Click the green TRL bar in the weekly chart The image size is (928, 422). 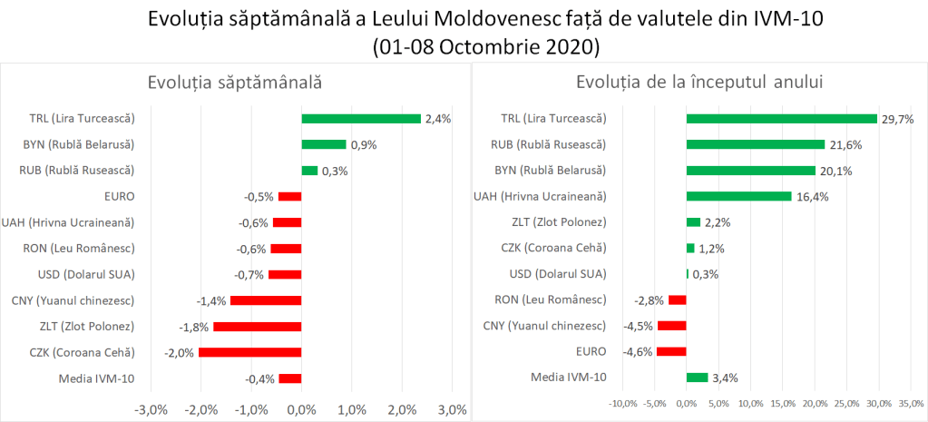(x=361, y=118)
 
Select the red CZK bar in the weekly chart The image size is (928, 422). (x=249, y=353)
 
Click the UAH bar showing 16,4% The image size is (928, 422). (x=739, y=196)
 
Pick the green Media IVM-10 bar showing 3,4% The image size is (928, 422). (x=697, y=378)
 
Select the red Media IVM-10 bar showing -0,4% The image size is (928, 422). (x=290, y=378)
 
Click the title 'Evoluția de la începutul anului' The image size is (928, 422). (x=698, y=83)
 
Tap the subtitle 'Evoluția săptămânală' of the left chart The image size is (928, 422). (x=235, y=83)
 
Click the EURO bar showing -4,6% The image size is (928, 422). (x=671, y=351)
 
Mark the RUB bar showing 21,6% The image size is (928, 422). (x=756, y=143)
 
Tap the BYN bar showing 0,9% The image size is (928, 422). (x=324, y=144)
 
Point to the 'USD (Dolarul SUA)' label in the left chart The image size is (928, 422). (x=87, y=274)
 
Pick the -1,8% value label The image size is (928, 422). (x=194, y=327)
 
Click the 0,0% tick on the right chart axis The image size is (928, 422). (x=687, y=403)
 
